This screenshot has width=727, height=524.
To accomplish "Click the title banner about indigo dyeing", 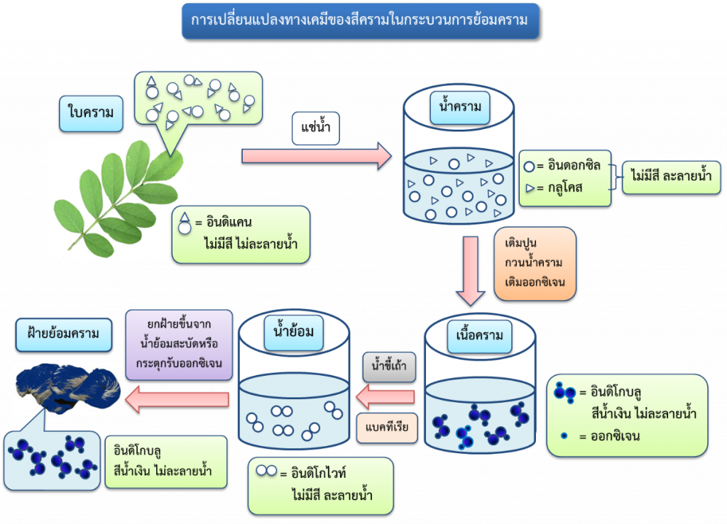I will point(360,21).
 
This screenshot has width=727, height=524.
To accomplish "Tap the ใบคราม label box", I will point(91,111).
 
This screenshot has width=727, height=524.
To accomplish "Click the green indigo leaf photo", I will point(117,199).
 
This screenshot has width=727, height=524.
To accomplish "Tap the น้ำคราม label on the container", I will point(460,107).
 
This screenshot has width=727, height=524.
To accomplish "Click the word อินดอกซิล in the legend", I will point(574,166).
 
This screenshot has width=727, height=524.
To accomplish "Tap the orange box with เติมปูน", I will point(535,262).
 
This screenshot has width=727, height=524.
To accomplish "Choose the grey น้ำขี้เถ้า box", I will point(389,367).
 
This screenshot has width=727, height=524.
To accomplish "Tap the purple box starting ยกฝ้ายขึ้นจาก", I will point(180,344).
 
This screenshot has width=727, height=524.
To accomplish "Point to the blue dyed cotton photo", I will point(67,389).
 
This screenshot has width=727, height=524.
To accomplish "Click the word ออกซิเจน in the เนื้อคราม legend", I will point(610,436).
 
